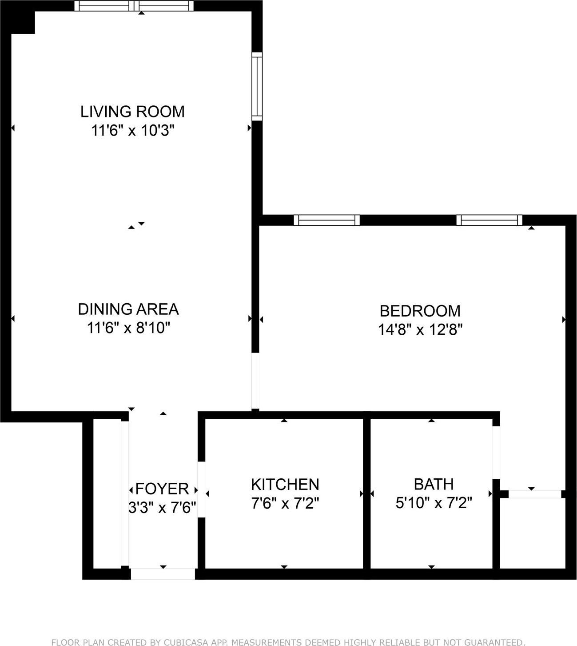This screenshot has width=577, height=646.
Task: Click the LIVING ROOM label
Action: pos(132,111)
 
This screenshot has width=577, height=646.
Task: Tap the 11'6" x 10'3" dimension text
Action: pos(132,131)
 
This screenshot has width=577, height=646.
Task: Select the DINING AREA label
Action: pos(128,309)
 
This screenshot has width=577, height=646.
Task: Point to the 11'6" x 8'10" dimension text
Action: pos(128,328)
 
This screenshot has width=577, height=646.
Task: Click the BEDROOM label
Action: pos(420,310)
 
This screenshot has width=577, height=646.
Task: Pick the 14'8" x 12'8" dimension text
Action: pos(420,330)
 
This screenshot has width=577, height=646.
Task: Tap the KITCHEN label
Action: pos(285,484)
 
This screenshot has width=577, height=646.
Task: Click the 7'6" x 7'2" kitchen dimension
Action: pos(285,503)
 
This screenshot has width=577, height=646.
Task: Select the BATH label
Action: pos(434,484)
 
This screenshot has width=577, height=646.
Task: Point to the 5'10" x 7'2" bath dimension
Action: pos(434,503)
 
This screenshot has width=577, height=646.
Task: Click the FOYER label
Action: pos(162,489)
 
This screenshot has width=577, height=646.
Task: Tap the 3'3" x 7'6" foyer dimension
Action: pos(162,507)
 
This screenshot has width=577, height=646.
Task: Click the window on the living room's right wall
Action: pos(257,86)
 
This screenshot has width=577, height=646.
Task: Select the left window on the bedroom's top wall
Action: pos(326,220)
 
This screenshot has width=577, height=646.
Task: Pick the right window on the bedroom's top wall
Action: pos(489,220)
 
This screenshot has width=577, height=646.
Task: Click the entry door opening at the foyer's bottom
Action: pos(163,574)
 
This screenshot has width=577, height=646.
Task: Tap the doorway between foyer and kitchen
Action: pos(201,490)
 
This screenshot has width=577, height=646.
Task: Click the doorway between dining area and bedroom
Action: pos(255,381)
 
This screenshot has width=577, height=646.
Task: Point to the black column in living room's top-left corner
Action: pos(23,22)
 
